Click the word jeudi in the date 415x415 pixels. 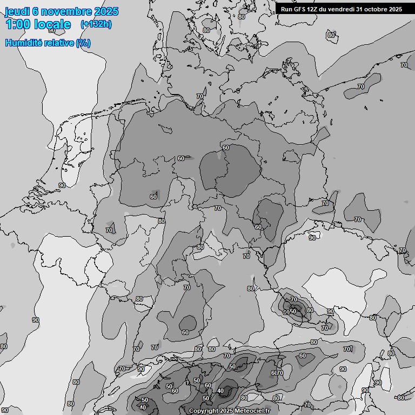point(17,11)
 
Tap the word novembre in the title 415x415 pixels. point(66,11)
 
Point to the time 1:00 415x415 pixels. point(18,24)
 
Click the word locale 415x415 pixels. point(52,24)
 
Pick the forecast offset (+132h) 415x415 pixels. point(96,24)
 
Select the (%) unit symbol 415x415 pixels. point(83,43)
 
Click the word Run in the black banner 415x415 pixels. point(286,9)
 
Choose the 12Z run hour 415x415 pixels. point(313,9)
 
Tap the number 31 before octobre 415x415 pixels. point(360,9)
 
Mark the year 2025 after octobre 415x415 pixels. point(395,9)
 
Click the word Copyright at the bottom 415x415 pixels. point(204,411)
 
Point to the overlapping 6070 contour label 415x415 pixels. point(277,373)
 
